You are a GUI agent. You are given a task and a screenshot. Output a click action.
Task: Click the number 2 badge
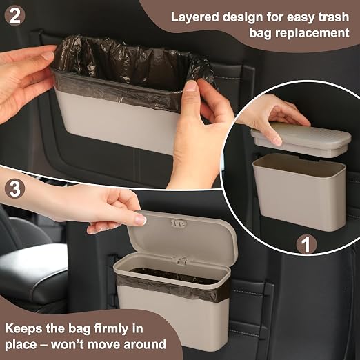click(14, 16)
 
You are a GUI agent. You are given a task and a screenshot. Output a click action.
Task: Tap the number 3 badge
click(14, 189)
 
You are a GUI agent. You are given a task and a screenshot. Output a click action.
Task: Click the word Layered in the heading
click(194, 17)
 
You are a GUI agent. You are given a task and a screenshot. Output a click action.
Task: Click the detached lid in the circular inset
click(301, 139)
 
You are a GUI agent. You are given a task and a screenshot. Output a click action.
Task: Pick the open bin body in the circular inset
click(299, 192)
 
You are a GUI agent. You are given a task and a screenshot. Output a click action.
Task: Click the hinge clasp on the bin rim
click(181, 261)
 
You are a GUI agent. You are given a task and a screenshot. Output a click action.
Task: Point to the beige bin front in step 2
click(117, 122)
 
